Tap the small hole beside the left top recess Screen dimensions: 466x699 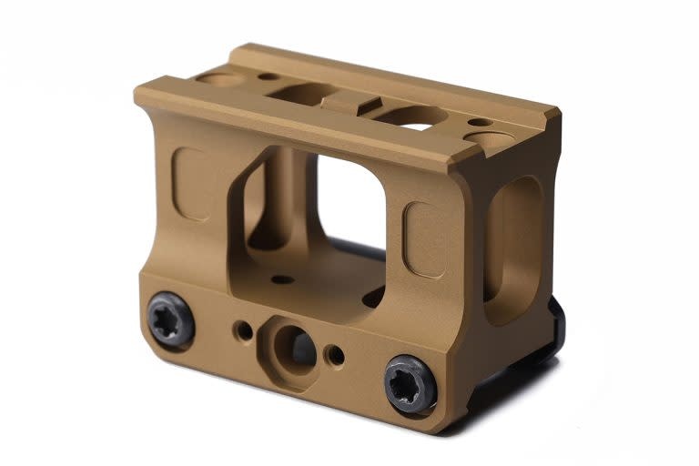[x=267, y=76]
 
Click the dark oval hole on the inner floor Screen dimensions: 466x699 [x=373, y=296]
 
